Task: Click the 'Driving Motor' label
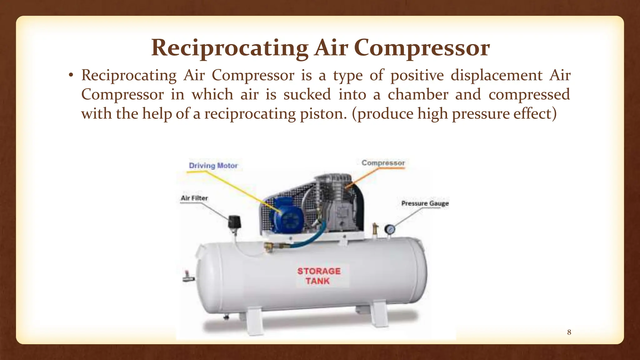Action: pyautogui.click(x=213, y=165)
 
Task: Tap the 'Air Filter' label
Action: pyautogui.click(x=194, y=198)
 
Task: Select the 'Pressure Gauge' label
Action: pyautogui.click(x=425, y=203)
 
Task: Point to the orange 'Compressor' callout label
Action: pyautogui.click(x=383, y=163)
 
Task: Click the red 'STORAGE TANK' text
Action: pyautogui.click(x=318, y=276)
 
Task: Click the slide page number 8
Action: pyautogui.click(x=569, y=332)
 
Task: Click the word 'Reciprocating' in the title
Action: pyautogui.click(x=230, y=48)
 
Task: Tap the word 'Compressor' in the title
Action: pyautogui.click(x=422, y=48)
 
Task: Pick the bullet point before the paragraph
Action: pyautogui.click(x=71, y=76)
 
